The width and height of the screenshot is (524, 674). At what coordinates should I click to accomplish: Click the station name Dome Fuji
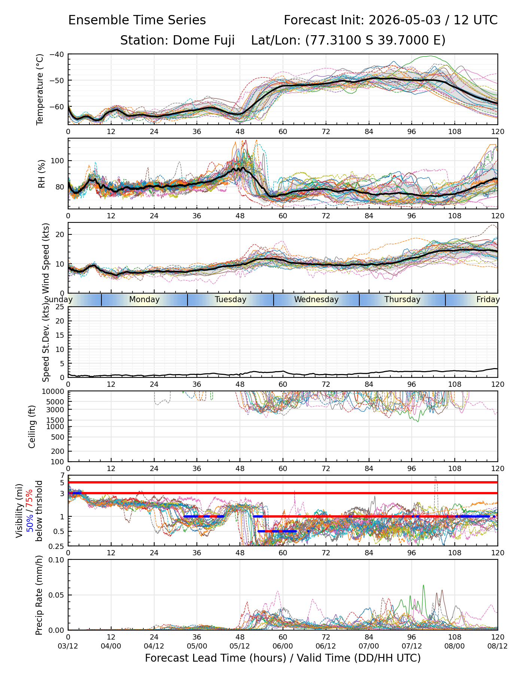(x=204, y=40)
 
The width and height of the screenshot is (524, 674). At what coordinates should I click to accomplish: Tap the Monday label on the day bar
(x=144, y=300)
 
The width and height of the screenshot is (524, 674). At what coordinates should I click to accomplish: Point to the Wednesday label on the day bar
(x=316, y=300)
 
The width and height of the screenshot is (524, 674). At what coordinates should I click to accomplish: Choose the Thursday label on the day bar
(x=402, y=300)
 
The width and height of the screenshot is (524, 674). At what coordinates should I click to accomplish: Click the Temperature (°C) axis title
(x=40, y=89)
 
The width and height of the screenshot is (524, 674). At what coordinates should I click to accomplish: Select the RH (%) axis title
(x=41, y=174)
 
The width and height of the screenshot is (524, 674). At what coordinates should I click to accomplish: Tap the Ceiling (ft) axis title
(x=32, y=426)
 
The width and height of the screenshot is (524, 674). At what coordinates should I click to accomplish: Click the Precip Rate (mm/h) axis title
(x=39, y=595)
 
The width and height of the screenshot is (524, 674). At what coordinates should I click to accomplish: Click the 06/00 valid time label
(x=283, y=646)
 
